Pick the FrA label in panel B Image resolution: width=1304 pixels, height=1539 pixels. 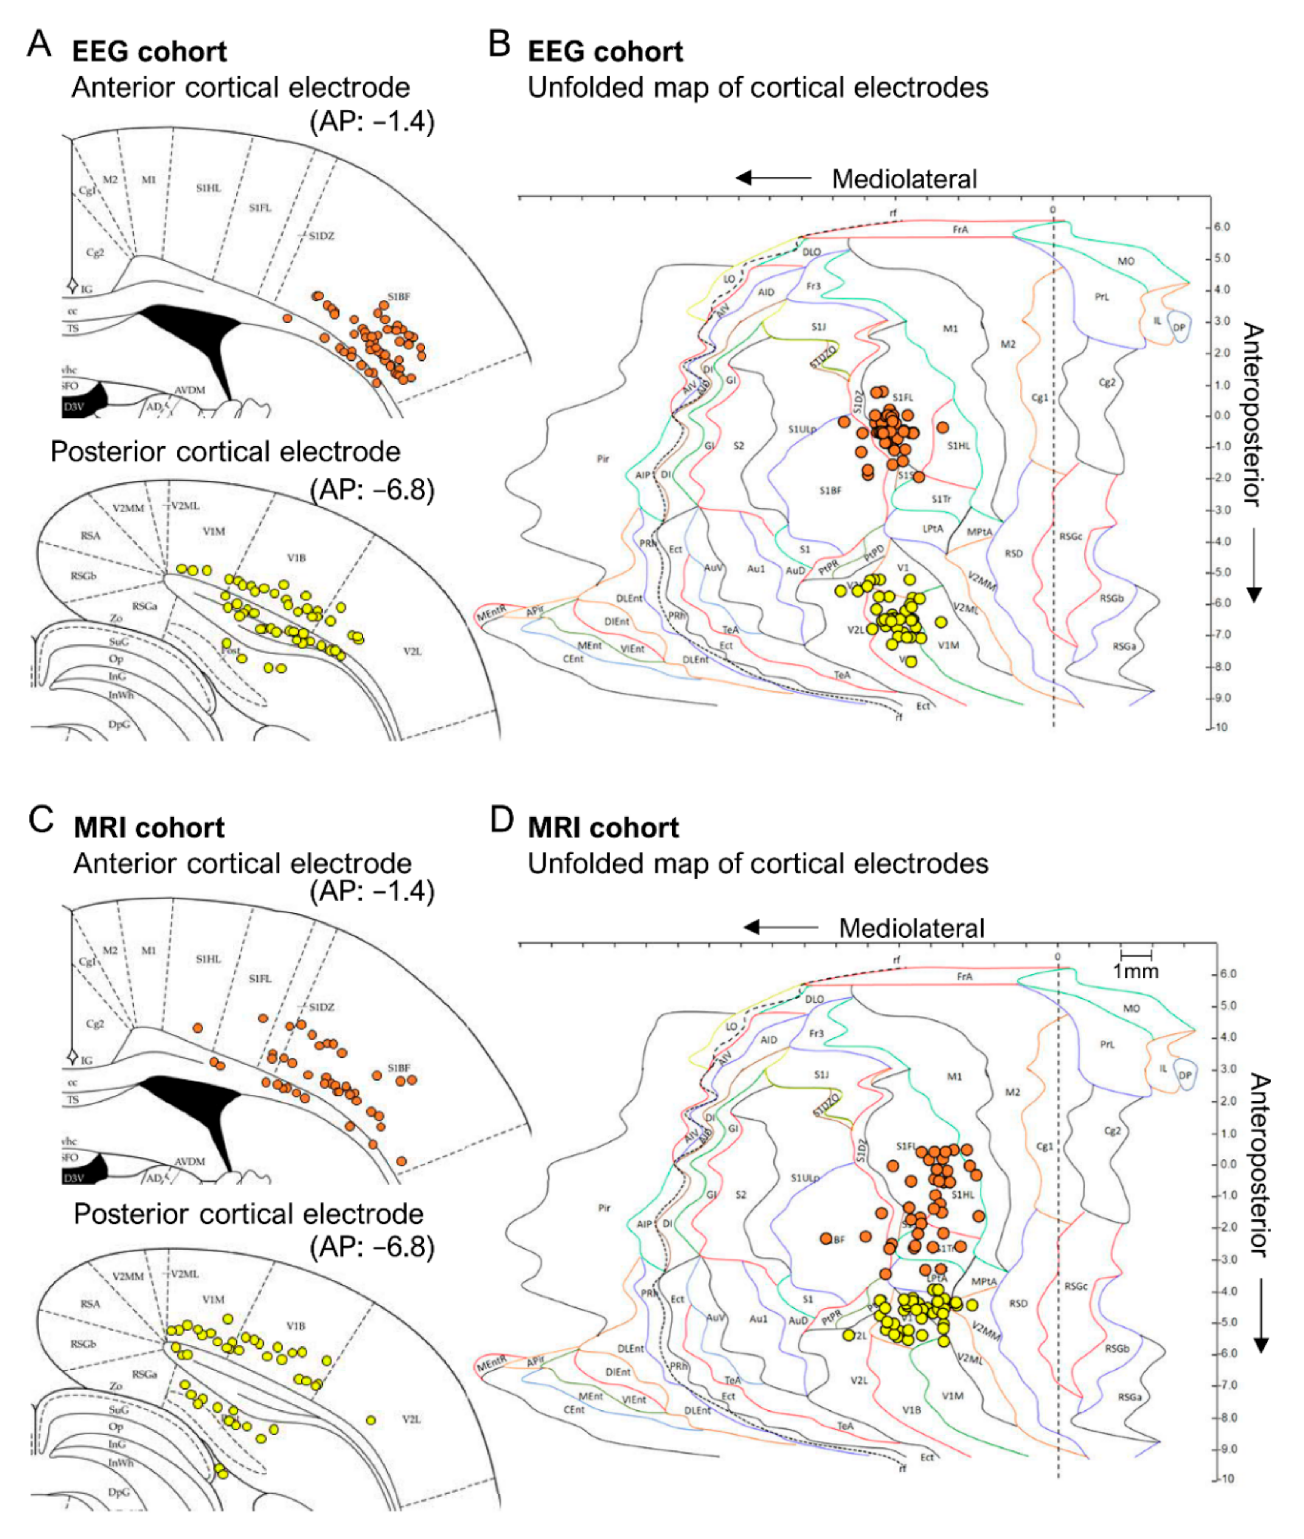tap(959, 230)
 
